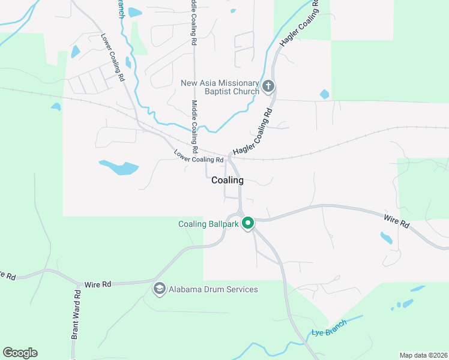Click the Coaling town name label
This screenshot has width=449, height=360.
pos(228,180)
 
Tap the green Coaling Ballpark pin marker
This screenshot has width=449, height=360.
pos(248,224)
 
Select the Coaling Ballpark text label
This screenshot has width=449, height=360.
pos(208,224)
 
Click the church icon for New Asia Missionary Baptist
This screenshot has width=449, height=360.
pos(268,86)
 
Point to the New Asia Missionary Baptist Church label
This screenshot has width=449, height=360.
pos(220,87)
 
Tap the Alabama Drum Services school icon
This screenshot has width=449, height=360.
pos(159,289)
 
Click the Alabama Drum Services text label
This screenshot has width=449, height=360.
pos(213,289)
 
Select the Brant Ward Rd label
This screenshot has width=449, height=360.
pos(76,315)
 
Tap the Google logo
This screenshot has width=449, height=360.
pos(20,353)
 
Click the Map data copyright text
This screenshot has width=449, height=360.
pos(423,355)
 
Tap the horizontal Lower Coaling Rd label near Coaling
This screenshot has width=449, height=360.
pos(199,156)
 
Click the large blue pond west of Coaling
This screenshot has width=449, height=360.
pos(119,167)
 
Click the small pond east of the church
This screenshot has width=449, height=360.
pos(325,94)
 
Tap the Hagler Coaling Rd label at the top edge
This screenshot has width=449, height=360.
pos(298,24)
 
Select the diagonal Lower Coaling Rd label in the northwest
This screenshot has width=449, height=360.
pos(112,57)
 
